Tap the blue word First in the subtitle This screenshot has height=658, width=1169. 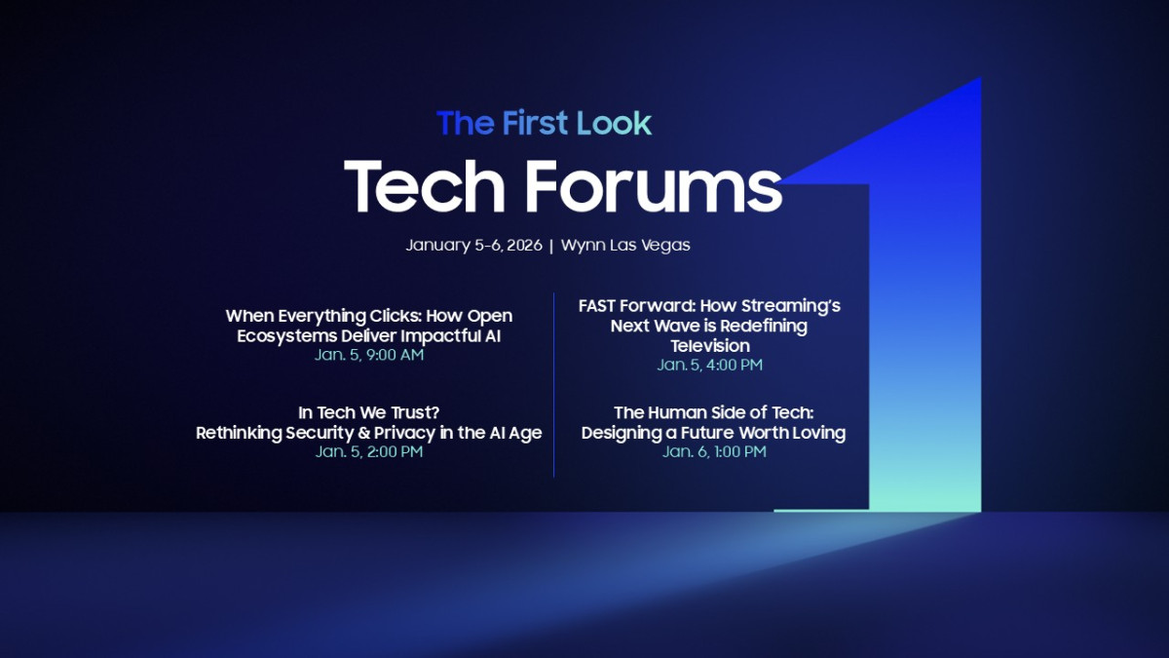click(x=536, y=123)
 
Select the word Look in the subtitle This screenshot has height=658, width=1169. click(x=614, y=123)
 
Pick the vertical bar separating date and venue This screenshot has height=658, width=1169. click(x=551, y=246)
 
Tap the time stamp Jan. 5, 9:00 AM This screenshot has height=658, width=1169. click(x=368, y=355)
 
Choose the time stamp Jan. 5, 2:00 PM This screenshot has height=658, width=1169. click(x=368, y=452)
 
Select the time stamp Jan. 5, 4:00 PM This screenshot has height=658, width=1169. click(x=709, y=365)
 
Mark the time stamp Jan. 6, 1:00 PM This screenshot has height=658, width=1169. click(x=714, y=452)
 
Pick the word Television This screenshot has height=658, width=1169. click(x=709, y=345)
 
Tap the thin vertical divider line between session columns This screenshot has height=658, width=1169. click(x=553, y=385)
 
